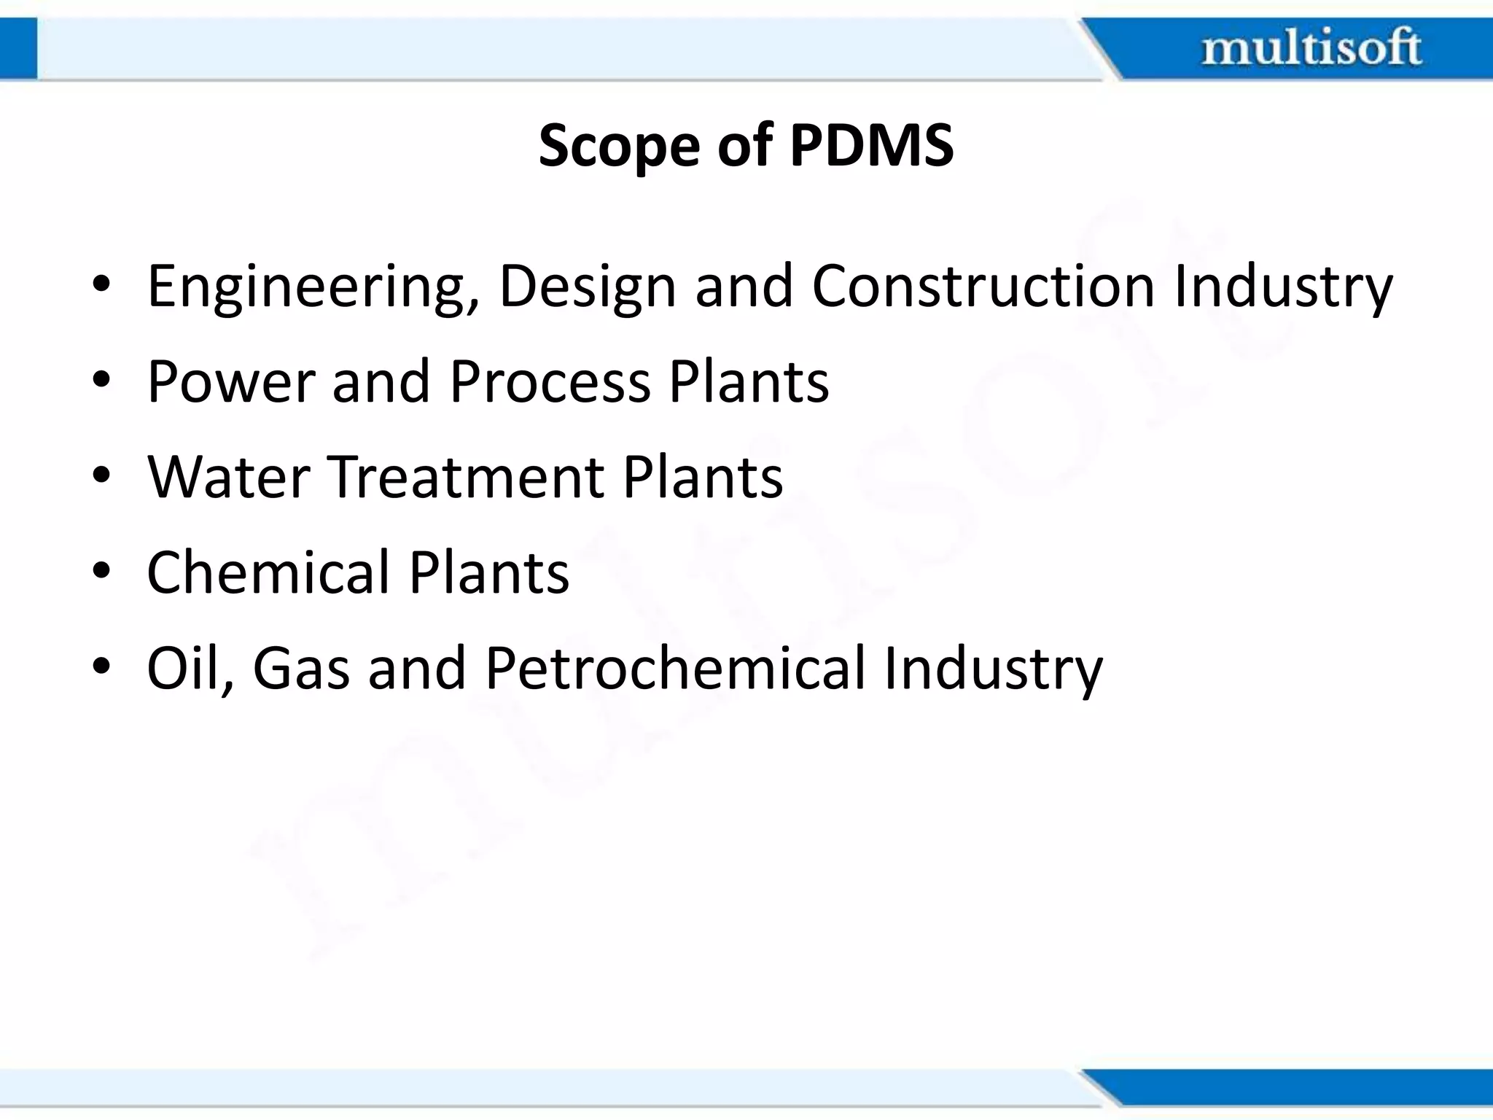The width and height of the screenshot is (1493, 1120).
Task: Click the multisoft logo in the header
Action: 1311,48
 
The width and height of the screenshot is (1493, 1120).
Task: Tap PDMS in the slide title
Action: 871,144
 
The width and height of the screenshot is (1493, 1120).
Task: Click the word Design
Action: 588,287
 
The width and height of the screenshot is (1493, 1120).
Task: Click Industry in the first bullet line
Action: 1283,287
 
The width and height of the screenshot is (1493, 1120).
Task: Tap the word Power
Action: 230,381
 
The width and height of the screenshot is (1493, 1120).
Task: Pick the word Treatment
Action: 467,477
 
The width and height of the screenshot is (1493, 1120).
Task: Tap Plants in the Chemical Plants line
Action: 488,572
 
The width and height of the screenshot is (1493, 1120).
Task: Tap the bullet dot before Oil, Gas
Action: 101,666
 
